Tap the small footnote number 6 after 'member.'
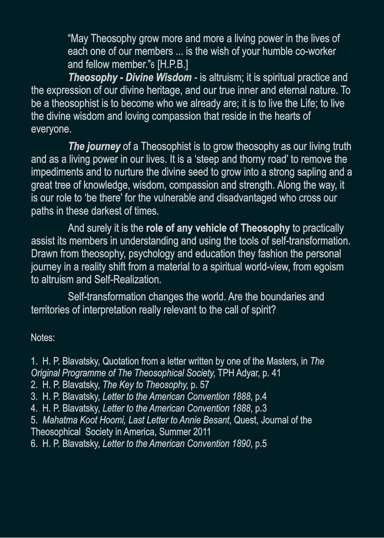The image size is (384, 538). (152, 65)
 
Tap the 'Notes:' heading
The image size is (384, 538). (43, 338)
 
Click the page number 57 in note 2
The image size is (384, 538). (204, 385)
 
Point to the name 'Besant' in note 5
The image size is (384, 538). (216, 420)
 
